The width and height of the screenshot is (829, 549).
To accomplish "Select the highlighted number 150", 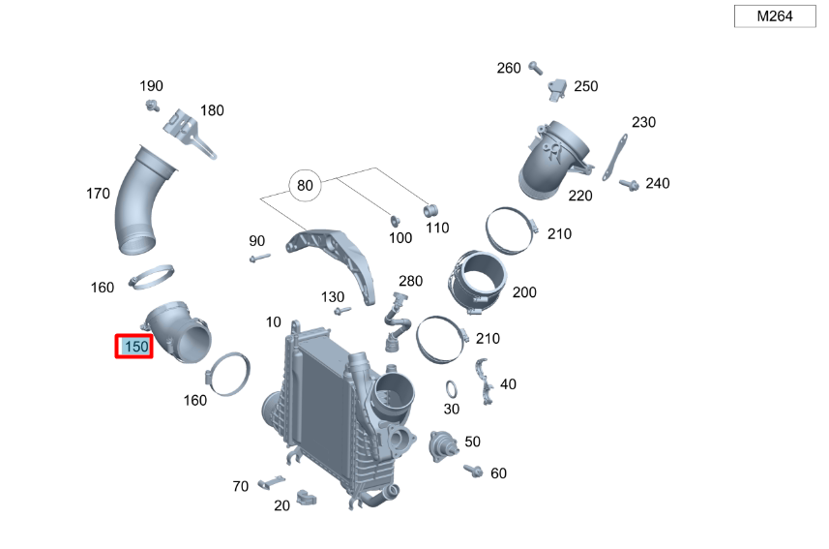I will coord(134,347).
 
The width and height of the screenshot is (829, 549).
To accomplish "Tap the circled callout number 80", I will coord(306,186).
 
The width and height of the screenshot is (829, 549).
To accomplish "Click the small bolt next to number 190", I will coord(152,105).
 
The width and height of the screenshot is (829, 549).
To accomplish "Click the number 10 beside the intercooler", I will coord(273,321).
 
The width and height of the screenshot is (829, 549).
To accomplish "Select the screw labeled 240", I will coord(626,183).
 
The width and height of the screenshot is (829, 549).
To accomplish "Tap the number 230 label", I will coord(643,122).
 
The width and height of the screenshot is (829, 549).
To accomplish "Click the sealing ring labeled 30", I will coord(451,389).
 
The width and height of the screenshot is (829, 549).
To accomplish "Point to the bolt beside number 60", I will coord(473,471).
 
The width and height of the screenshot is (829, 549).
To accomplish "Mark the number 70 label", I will coord(241,486).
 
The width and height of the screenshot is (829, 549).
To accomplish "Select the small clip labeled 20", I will coord(308,498).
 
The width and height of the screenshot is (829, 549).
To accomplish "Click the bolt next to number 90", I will coord(258,259).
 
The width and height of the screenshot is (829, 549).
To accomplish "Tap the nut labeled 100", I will coord(396,220).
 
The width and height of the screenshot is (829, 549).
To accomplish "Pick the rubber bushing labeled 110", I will coord(431,210).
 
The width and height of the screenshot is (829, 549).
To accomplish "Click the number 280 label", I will coord(410,281).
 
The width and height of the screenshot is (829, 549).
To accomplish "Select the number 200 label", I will coord(524,292).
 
